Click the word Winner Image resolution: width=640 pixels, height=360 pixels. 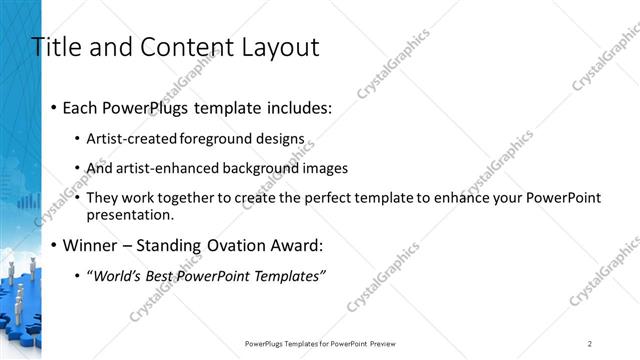point(91,245)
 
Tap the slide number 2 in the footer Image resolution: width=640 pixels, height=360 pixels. point(590,343)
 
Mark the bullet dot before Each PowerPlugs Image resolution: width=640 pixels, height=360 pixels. point(53,108)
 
